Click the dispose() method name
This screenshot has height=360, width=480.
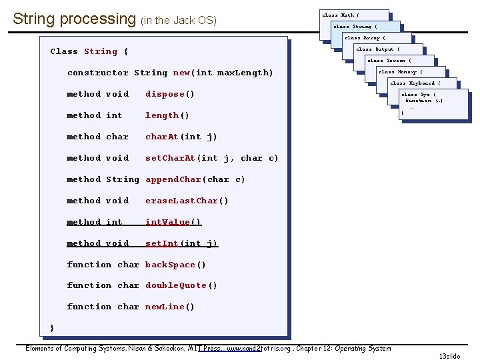click(170, 94)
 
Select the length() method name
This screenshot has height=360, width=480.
click(167, 115)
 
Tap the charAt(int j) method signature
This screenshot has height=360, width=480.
click(181, 137)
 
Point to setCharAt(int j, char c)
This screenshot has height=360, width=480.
click(212, 158)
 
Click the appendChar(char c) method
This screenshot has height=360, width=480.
click(195, 179)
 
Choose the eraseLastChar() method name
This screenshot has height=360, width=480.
click(187, 201)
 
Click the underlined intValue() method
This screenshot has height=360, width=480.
click(173, 222)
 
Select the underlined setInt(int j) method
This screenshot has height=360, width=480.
click(181, 243)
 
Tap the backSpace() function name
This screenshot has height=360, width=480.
click(175, 265)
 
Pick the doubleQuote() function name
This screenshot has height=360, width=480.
click(181, 285)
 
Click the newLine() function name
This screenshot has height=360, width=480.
click(170, 307)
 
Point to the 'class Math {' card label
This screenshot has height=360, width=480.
click(341, 15)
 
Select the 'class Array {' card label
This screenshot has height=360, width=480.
click(365, 38)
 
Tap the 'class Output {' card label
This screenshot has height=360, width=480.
click(377, 49)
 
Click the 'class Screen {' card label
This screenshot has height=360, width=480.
click(389, 61)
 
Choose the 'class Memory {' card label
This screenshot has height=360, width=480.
click(401, 72)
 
